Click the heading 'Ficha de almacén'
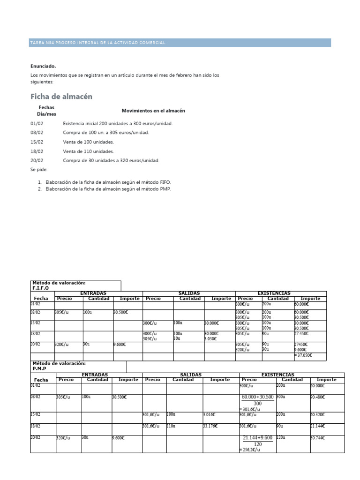[x=61, y=97]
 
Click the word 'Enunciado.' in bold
[x=43, y=66]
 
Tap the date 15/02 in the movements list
[x=37, y=142]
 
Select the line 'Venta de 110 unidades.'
[x=88, y=151]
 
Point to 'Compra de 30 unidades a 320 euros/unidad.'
[x=111, y=160]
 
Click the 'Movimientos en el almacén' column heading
[x=153, y=111]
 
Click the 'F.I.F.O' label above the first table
[x=40, y=289]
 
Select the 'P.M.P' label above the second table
[x=40, y=368]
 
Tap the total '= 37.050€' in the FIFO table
[x=303, y=356]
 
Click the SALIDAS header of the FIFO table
[x=189, y=293]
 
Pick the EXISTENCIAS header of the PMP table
[x=277, y=375]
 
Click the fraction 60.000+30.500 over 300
[x=258, y=400]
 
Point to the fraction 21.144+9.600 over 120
[x=258, y=441]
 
